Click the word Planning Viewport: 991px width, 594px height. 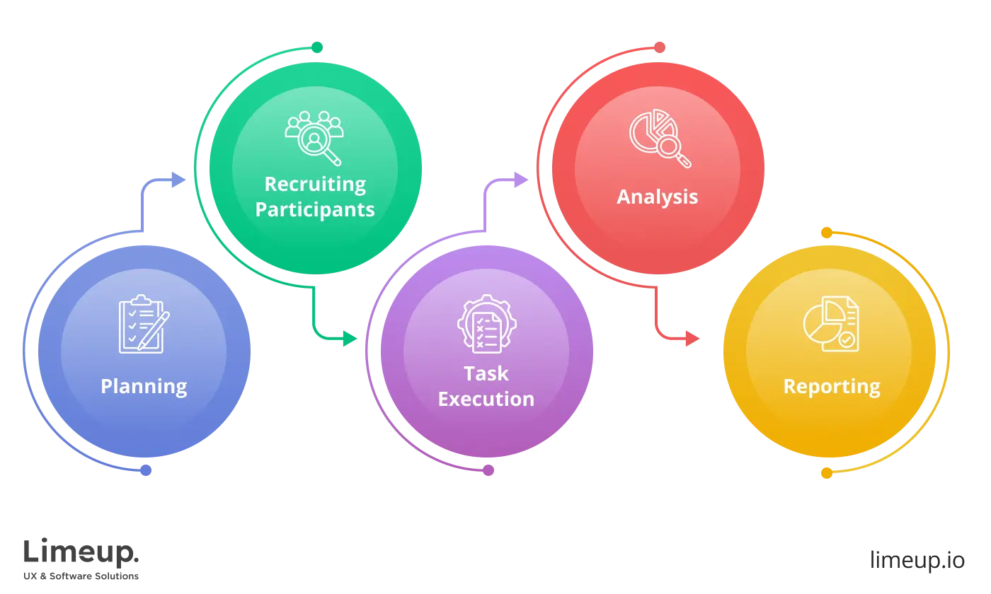(144, 386)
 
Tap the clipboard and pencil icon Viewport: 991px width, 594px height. (144, 324)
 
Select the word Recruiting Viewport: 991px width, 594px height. (315, 184)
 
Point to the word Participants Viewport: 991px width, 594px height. (315, 209)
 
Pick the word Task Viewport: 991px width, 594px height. (486, 373)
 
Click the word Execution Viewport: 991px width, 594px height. (486, 399)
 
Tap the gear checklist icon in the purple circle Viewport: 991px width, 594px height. (486, 324)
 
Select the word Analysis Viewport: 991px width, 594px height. (658, 197)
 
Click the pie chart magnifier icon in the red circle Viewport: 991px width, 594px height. (660, 138)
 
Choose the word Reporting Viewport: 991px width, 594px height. (832, 386)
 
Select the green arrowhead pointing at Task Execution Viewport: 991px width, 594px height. (349, 339)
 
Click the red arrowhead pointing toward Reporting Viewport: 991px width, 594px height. (692, 339)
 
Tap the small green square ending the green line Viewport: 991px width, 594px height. (317, 47)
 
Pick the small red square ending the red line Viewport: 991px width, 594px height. (660, 47)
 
